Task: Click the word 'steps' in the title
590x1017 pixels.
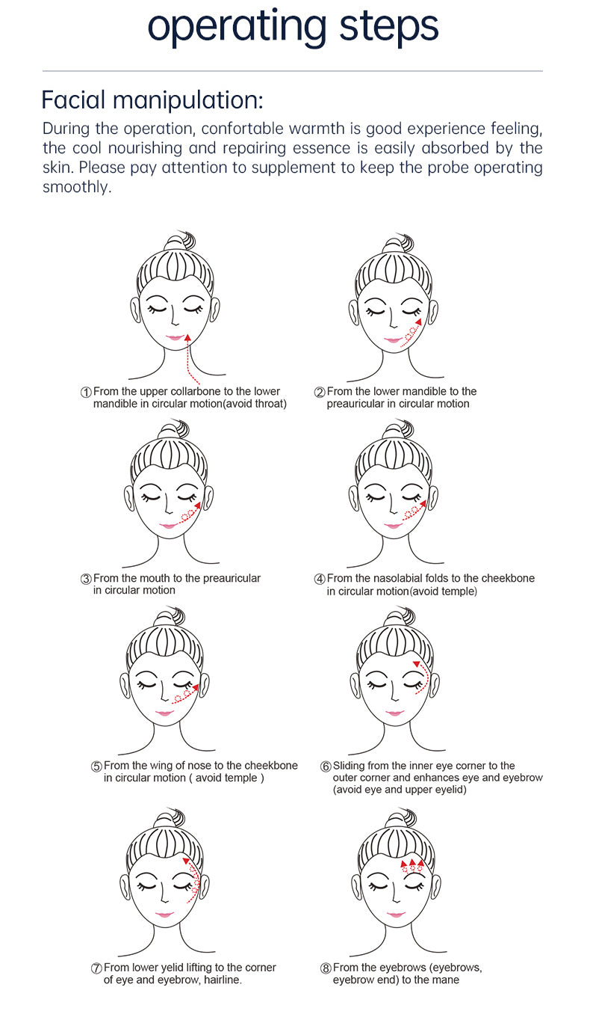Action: [388, 27]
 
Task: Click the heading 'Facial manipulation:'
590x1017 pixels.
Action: [152, 100]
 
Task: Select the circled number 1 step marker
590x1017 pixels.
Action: [86, 393]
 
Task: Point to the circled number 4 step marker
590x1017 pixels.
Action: [320, 579]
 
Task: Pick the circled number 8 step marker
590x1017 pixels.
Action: [326, 968]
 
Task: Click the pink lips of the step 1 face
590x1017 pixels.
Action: [174, 337]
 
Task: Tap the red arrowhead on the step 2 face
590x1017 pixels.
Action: [418, 322]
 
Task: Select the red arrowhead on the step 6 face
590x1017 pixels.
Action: [416, 664]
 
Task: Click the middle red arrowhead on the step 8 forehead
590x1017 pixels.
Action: [412, 863]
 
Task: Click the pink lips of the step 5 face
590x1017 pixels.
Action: [164, 713]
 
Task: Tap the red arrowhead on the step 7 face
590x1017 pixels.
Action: [186, 861]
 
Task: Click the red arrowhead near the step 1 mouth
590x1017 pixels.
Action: [187, 337]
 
